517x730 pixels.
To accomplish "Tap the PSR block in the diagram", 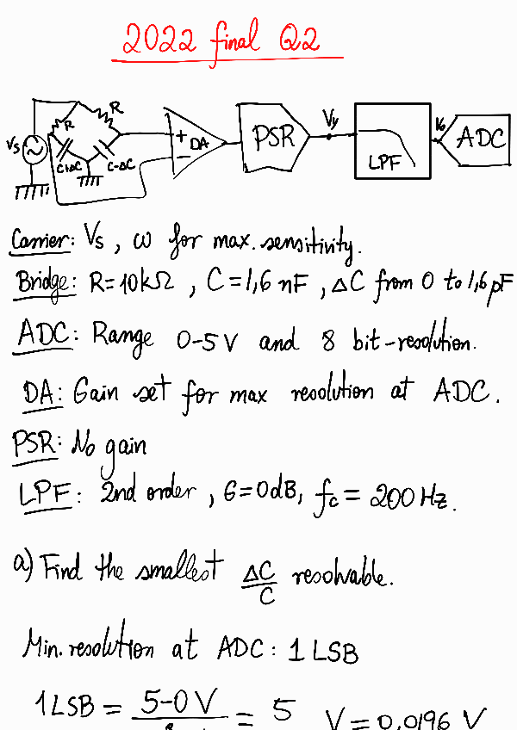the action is tap(272, 135).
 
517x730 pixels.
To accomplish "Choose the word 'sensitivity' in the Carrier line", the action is tap(307, 243).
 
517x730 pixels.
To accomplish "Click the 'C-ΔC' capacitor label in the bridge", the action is tap(120, 164).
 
